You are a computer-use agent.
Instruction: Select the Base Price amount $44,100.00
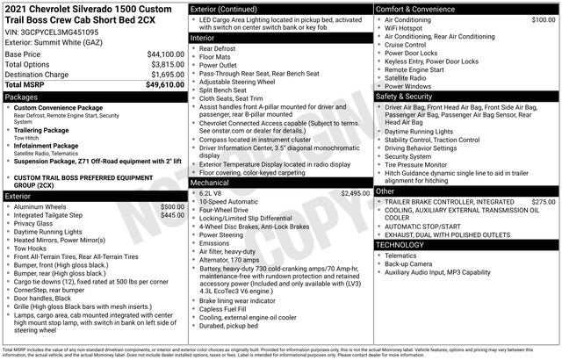coord(165,54)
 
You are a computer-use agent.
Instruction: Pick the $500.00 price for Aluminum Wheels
coord(172,206)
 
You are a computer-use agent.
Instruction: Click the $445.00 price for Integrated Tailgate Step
coord(172,215)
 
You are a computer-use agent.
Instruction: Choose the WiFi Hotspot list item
coord(404,28)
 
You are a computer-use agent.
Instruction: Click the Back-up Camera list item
coord(409,263)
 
